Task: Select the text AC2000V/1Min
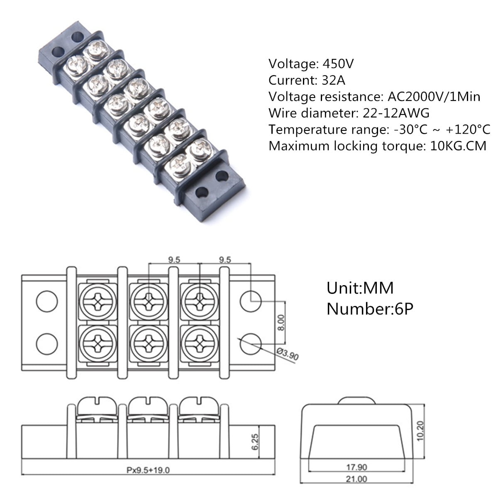[x=434, y=97]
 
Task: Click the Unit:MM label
[x=360, y=288]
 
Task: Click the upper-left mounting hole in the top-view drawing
[x=47, y=300]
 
